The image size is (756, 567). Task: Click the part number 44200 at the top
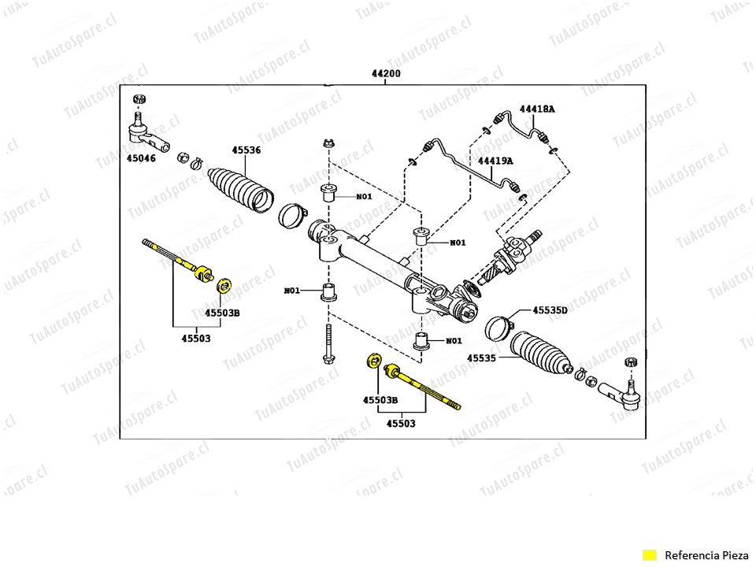tap(386, 73)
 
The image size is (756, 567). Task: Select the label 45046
tap(143, 158)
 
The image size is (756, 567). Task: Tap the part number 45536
tap(246, 150)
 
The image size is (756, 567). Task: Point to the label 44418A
tap(536, 109)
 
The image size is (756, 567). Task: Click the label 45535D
tap(550, 310)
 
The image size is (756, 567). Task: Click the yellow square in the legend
tap(649, 554)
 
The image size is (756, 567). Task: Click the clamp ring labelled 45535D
tap(496, 327)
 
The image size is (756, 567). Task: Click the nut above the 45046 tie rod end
tap(139, 99)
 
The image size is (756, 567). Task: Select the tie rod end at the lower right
tap(622, 393)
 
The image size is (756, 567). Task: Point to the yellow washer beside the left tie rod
tap(224, 284)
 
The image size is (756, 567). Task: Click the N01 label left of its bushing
tap(292, 291)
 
